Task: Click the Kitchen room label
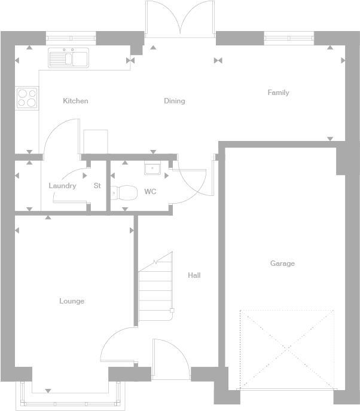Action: coord(75,101)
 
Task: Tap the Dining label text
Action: coord(174,101)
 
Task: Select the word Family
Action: coord(278,93)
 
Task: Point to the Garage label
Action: coord(282,263)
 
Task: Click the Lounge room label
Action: coord(72,301)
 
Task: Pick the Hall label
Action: coord(194,275)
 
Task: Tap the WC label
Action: coord(150,192)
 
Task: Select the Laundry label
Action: coord(62,186)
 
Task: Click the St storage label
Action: coord(97,186)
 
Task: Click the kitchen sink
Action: coord(68,58)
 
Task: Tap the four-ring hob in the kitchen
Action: coord(27,97)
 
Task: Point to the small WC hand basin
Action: coord(151,168)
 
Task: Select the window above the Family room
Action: coord(289,38)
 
